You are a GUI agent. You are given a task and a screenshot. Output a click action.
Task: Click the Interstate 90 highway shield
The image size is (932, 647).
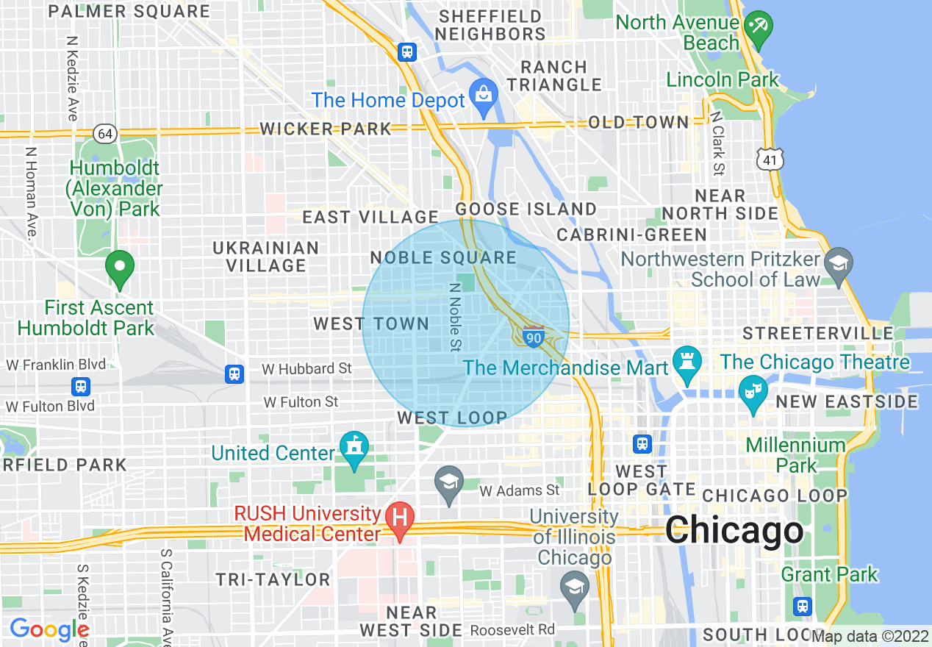point(534,337)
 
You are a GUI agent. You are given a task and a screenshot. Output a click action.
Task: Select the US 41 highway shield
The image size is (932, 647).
point(770,158)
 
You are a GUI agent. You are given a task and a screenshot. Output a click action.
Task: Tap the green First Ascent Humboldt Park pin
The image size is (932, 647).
point(120,268)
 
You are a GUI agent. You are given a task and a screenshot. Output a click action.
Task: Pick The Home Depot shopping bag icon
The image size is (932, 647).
point(484,96)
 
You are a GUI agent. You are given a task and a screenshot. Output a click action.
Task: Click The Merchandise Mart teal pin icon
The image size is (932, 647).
point(687,365)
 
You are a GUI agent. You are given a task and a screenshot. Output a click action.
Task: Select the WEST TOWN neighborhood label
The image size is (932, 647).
point(371,323)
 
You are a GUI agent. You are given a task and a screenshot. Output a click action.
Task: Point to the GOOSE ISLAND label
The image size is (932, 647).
point(526,209)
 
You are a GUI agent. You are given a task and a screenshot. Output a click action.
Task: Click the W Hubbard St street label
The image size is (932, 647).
point(307,368)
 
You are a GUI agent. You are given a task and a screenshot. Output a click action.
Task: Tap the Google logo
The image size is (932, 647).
point(49,629)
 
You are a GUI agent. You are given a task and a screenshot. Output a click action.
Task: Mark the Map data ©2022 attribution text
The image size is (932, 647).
point(870,636)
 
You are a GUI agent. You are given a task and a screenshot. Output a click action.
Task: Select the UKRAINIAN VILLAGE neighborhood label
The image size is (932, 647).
point(266,257)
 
